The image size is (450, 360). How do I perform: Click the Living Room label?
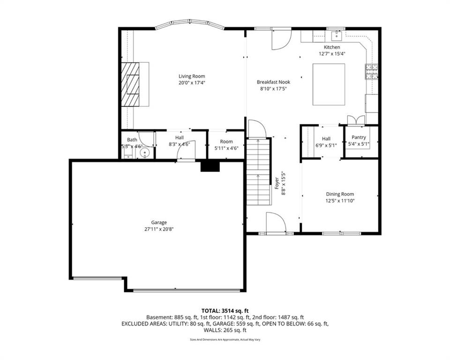tap(192, 76)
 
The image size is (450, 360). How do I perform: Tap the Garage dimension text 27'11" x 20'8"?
tap(159, 229)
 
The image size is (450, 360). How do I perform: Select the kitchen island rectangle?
tap(329, 84)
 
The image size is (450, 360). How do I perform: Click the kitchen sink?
tap(336, 36)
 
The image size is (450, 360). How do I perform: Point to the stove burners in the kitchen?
tap(371, 71)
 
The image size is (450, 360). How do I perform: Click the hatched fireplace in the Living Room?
tap(130, 84)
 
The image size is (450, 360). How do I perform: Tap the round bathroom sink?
tap(145, 153)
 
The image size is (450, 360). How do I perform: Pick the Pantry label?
tap(359, 137)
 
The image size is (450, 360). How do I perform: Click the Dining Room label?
tap(340, 194)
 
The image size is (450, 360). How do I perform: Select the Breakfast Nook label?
tap(273, 82)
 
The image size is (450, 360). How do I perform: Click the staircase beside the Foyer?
tap(259, 172)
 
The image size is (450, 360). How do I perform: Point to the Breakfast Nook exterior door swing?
tap(282, 40)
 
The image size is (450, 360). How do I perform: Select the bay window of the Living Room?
tap(190, 24)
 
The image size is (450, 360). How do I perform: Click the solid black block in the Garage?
tap(210, 167)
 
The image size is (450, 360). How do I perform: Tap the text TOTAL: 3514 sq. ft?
tap(225, 311)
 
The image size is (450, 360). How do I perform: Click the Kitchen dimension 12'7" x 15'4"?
tap(332, 53)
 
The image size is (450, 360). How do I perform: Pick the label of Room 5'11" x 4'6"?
tap(226, 142)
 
